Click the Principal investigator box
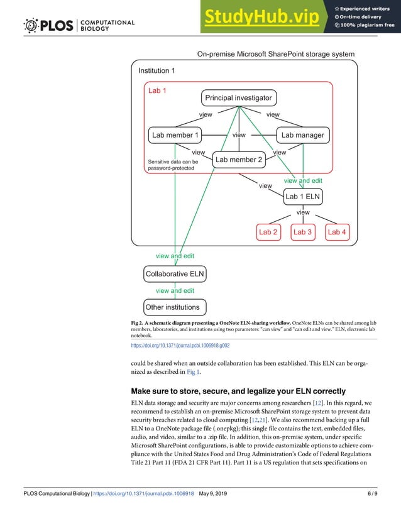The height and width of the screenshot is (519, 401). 238,98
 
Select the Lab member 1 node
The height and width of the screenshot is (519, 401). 175,134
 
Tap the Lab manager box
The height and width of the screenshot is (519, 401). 302,134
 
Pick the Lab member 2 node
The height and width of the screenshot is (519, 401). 238,160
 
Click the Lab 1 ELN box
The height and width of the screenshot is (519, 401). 303,197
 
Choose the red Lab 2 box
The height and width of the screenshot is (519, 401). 268,232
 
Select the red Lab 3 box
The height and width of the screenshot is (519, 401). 302,232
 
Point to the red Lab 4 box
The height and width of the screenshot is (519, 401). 337,232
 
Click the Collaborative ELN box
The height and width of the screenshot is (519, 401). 175,274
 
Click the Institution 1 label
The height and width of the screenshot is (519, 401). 157,70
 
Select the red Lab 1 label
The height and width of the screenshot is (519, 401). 157,90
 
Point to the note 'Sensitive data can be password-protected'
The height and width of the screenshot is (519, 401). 173,165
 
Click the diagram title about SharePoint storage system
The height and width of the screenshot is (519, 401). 276,54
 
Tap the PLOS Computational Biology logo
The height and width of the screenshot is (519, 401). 79,25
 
